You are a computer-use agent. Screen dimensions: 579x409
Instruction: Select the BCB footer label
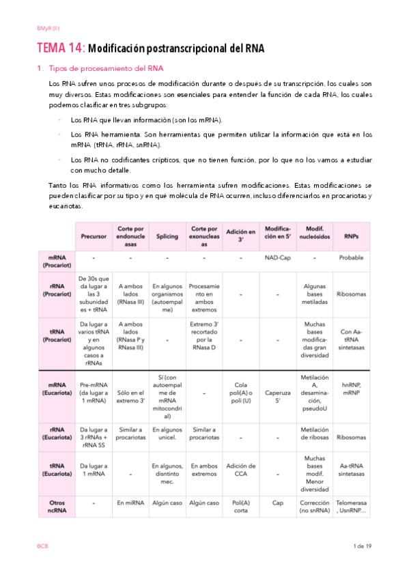[42, 546]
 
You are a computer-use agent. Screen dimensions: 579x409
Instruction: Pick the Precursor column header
[94, 236]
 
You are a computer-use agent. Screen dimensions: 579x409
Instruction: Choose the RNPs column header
[351, 236]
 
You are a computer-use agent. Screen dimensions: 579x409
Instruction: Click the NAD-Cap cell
[278, 258]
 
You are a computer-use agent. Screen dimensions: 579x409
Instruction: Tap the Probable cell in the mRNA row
[351, 258]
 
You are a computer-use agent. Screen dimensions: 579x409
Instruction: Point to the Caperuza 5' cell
[278, 398]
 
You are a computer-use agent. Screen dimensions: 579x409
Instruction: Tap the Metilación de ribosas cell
[314, 434]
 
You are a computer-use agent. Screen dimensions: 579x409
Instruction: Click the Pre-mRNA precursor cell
[94, 398]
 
